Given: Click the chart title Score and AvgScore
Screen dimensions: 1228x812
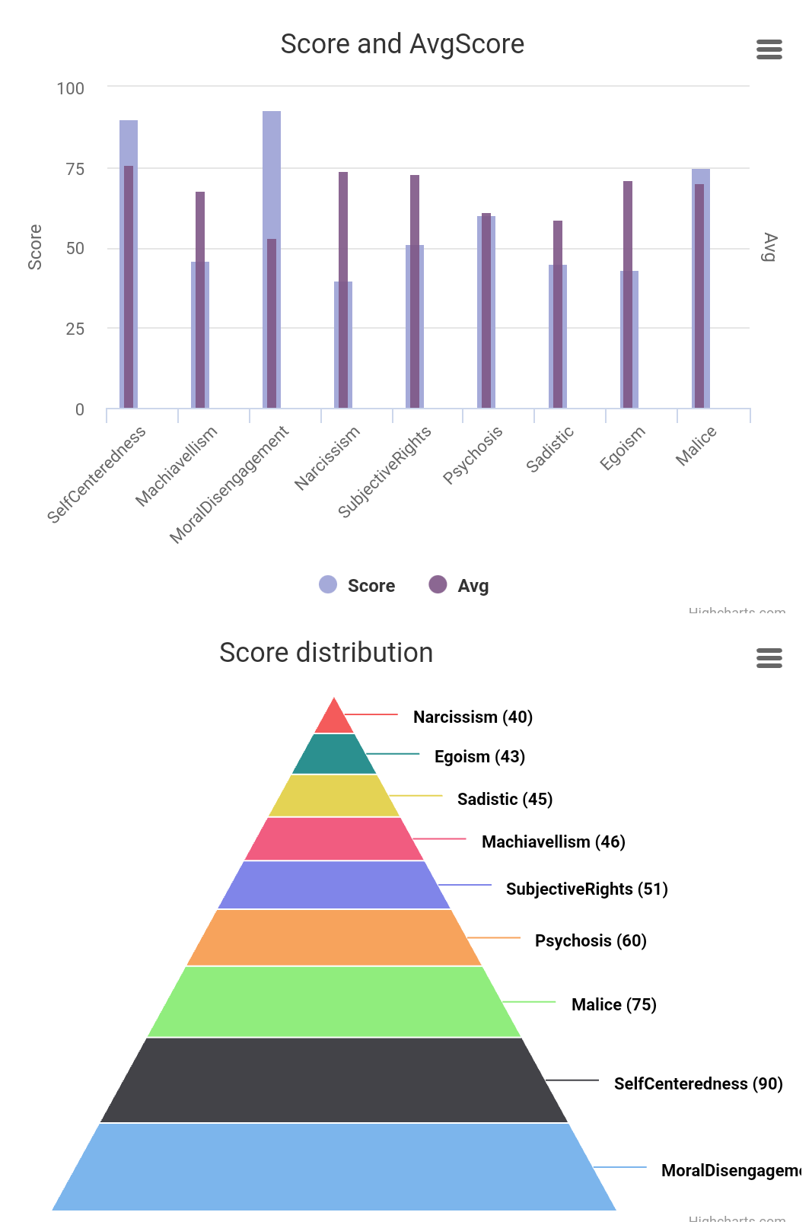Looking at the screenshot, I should [x=402, y=44].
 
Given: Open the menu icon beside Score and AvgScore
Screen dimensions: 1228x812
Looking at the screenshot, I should [x=769, y=49].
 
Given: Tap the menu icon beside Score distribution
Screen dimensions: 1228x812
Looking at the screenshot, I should [x=769, y=658].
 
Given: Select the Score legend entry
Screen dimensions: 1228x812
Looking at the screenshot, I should [x=358, y=585].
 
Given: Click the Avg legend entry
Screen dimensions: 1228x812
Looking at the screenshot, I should [x=459, y=585].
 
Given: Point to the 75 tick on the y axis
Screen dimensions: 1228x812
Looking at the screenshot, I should [x=75, y=169].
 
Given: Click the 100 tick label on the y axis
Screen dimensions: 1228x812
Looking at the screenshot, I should [x=71, y=88].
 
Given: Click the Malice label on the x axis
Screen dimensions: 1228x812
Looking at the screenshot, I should [x=696, y=446].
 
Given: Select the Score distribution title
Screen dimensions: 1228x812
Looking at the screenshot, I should [x=326, y=653].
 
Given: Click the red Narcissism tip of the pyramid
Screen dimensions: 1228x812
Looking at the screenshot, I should [x=334, y=719].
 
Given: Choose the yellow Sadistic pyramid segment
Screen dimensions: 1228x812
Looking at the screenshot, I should [x=334, y=796].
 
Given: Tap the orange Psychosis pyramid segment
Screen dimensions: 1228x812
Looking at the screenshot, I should [x=334, y=937].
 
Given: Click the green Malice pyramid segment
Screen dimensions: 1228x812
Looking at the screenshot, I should [x=334, y=1001].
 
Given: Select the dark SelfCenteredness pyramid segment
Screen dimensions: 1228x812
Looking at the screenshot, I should [x=334, y=1080].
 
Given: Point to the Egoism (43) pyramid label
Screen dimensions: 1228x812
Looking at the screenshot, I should [x=479, y=756].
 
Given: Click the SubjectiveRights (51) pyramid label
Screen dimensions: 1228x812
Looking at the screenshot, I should [x=587, y=889].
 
